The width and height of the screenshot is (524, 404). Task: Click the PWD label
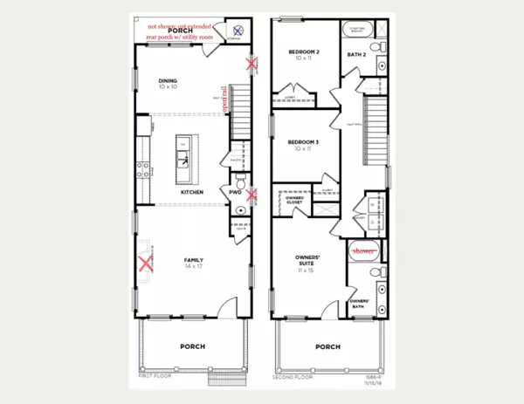pos(236,192)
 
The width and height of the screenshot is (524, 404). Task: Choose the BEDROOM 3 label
pos(305,143)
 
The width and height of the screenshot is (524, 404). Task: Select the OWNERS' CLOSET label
pos(295,201)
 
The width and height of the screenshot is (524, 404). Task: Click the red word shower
pos(363,251)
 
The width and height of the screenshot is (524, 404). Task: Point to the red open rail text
pos(224,100)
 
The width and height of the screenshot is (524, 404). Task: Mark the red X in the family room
pos(145,264)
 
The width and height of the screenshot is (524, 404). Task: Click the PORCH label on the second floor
pos(327,347)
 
